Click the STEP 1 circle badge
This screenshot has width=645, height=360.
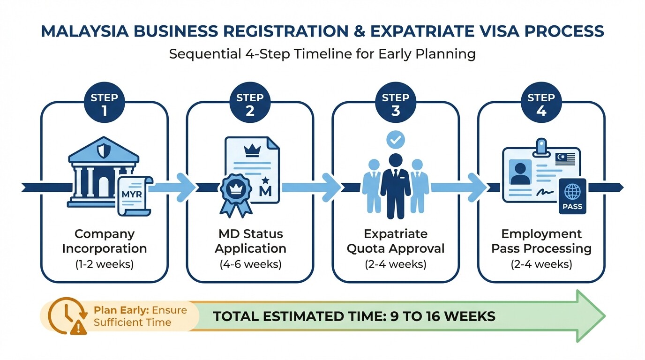(x=104, y=104)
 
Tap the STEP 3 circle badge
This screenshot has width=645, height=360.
(x=396, y=104)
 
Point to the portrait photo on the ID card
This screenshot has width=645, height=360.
(x=520, y=173)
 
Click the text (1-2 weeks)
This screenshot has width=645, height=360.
(x=104, y=264)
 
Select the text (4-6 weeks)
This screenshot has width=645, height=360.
(x=250, y=264)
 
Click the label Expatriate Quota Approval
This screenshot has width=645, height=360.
(x=396, y=241)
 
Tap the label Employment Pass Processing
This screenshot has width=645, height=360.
(x=541, y=241)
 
